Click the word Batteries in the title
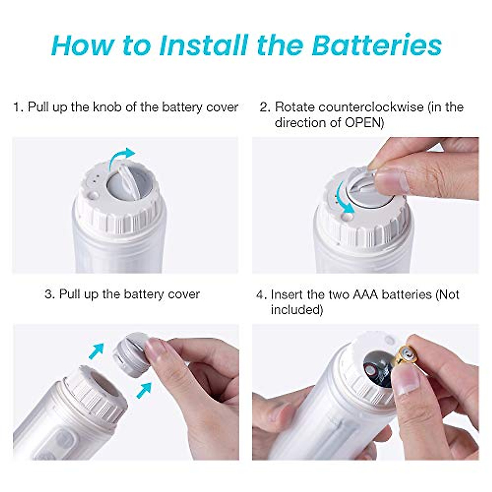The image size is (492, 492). (x=376, y=45)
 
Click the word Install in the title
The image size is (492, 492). (x=203, y=45)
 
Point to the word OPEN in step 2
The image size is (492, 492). (x=360, y=123)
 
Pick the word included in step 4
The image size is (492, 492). (x=296, y=310)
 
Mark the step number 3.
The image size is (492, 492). (x=49, y=294)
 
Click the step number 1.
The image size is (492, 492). (x=18, y=107)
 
